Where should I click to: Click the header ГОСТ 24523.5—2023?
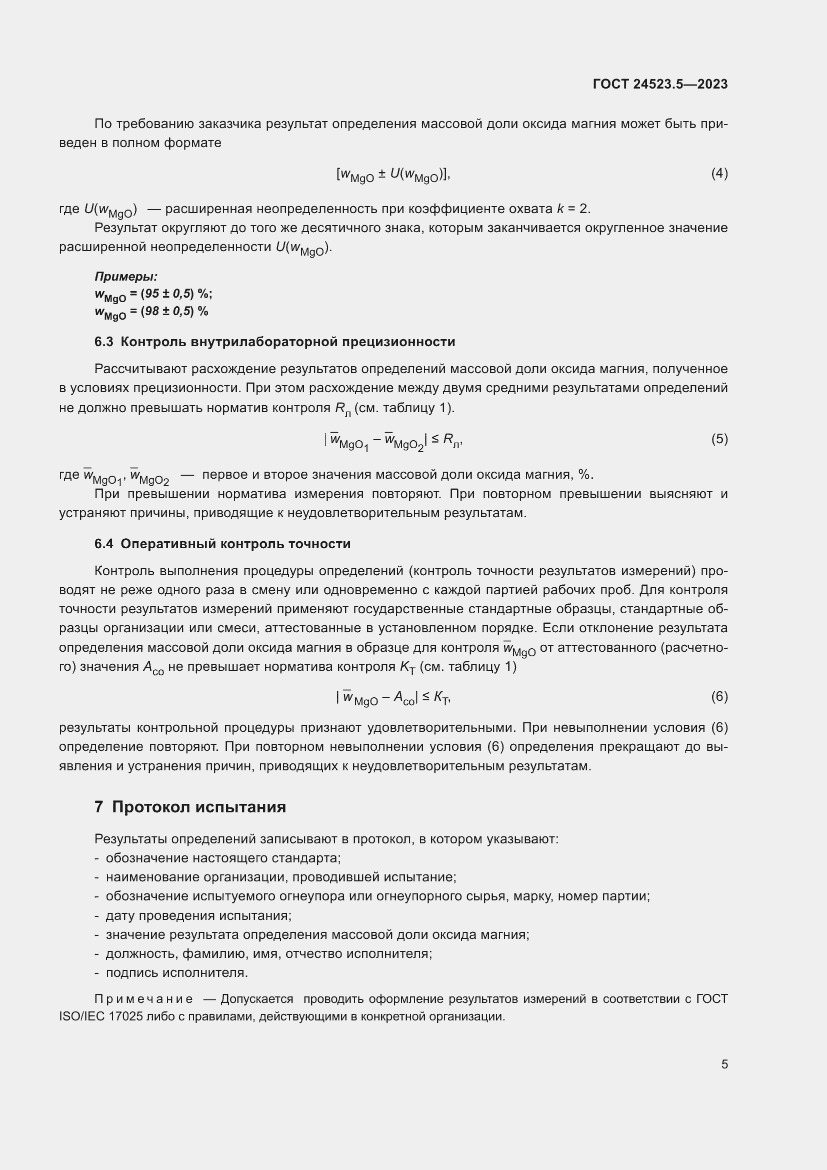pyautogui.click(x=660, y=84)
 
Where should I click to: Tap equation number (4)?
pyautogui.click(x=719, y=174)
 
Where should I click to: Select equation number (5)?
pyautogui.click(x=719, y=439)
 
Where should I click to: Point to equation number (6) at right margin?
pyautogui.click(x=719, y=696)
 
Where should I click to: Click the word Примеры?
pyautogui.click(x=126, y=277)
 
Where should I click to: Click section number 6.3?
pyautogui.click(x=104, y=342)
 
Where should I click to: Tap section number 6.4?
pyautogui.click(x=104, y=544)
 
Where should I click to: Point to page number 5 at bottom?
pyautogui.click(x=724, y=1064)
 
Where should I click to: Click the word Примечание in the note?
pyautogui.click(x=143, y=999)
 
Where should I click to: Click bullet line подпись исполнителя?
pyautogui.click(x=176, y=973)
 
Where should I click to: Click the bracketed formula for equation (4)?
pyautogui.click(x=392, y=175)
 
